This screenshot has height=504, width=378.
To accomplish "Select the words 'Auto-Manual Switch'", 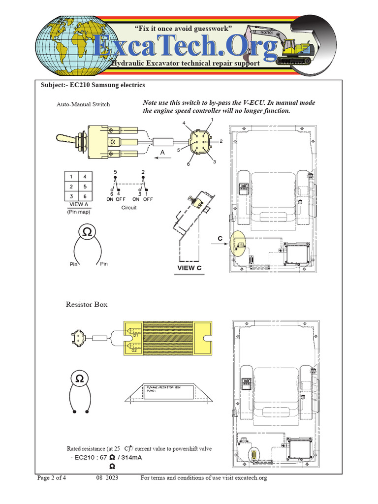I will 83,104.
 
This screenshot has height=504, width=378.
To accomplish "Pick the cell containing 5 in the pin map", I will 85,187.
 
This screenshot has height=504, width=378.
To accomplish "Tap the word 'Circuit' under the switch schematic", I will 128,208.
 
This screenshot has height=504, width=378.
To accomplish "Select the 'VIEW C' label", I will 189,268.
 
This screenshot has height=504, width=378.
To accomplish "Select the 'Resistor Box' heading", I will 87,305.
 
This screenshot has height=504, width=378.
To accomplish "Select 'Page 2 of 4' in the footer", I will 52,478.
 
